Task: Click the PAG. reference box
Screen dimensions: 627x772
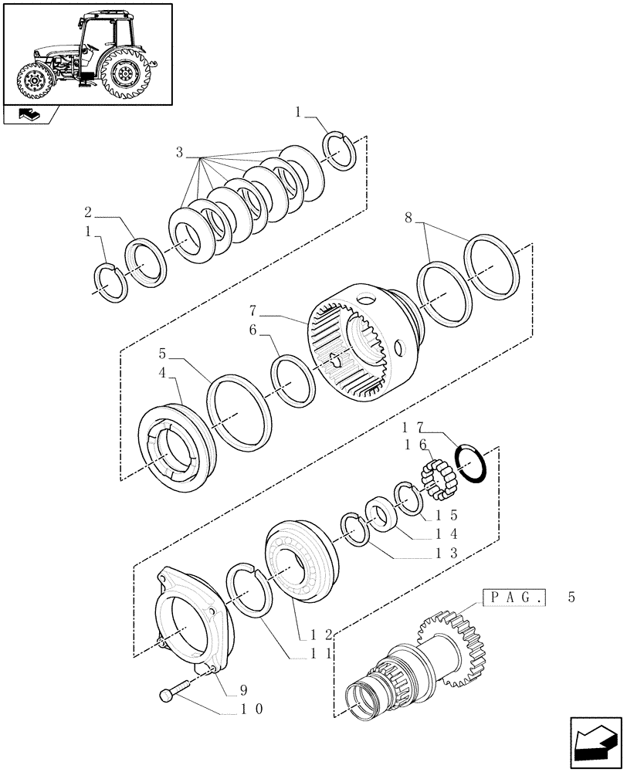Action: (x=513, y=597)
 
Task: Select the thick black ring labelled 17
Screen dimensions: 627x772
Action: (x=470, y=466)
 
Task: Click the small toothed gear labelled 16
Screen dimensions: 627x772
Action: (x=436, y=483)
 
